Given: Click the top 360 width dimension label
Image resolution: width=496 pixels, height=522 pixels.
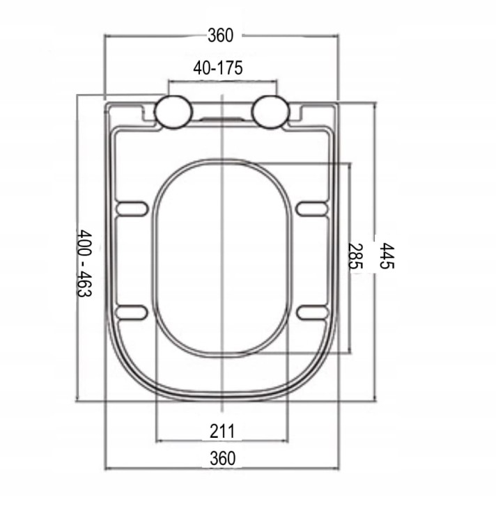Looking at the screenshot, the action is (x=220, y=35).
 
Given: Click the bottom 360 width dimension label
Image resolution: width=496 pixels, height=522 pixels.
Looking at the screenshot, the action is (x=222, y=458).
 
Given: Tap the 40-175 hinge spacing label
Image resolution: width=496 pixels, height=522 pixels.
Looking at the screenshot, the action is (x=218, y=68).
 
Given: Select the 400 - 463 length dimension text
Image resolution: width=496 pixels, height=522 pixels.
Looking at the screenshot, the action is (x=84, y=262).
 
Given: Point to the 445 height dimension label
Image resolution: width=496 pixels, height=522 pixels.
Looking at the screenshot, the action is (x=387, y=255).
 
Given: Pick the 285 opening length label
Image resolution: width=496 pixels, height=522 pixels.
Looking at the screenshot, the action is (x=355, y=256).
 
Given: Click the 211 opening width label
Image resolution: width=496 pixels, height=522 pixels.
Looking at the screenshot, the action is (x=222, y=431).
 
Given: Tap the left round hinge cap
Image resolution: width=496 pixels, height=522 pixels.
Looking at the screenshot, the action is (x=174, y=112).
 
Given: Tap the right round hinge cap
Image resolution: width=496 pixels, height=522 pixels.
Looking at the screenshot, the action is (x=270, y=112).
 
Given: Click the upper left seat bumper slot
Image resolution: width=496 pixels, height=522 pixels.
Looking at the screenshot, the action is (x=131, y=209).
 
